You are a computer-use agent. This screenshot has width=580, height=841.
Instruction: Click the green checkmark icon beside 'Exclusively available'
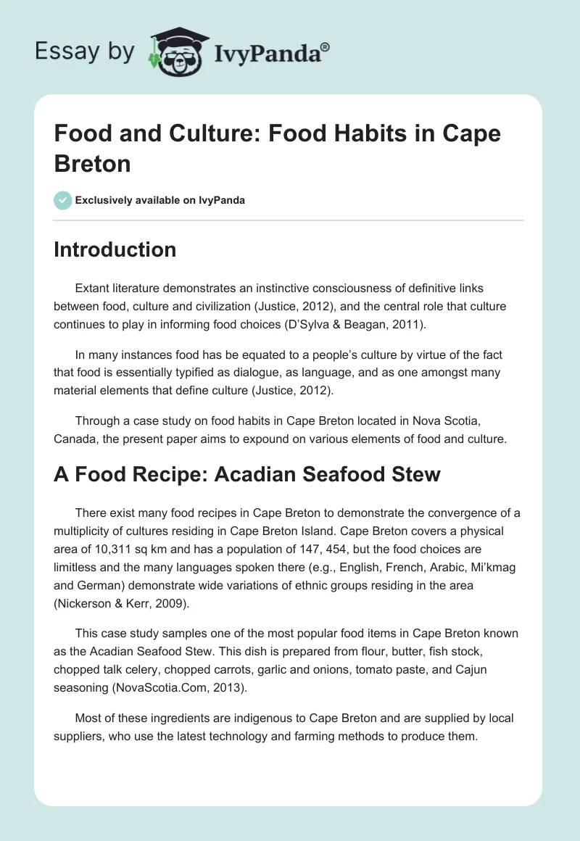[62, 200]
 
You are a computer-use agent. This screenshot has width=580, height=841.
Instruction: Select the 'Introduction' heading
[115, 249]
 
